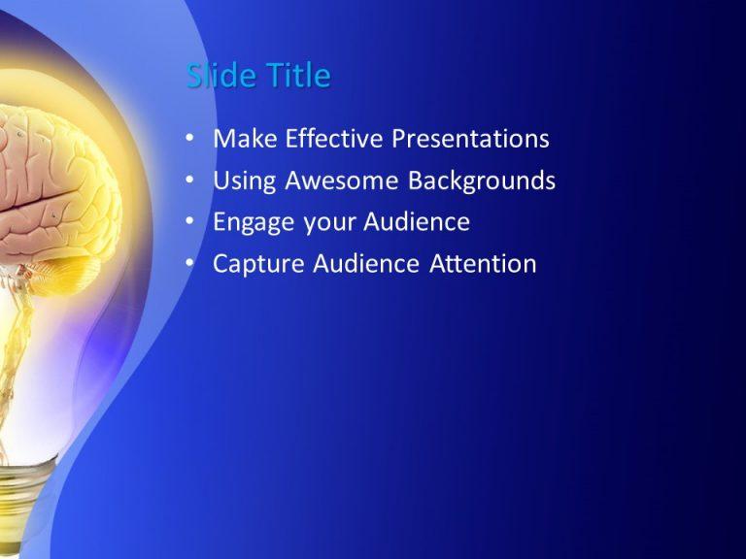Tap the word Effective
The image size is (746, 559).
(x=333, y=139)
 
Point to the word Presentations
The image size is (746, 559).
(x=470, y=139)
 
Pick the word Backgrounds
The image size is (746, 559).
(x=482, y=181)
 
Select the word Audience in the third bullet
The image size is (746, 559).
(x=417, y=222)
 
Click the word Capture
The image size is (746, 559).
(x=259, y=264)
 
